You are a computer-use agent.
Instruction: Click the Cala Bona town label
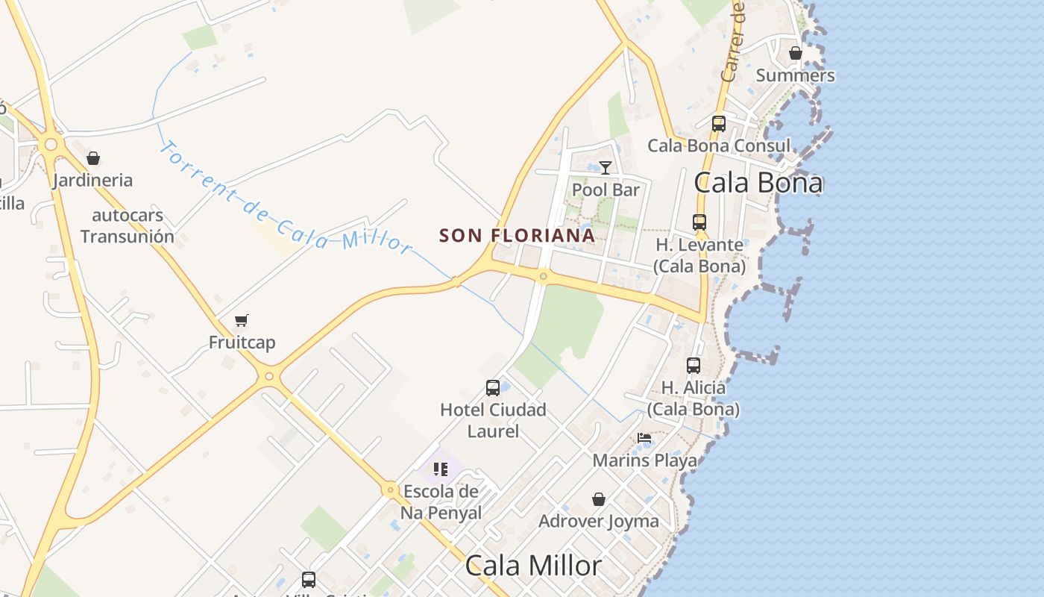tap(758, 183)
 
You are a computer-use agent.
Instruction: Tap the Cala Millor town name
tap(533, 566)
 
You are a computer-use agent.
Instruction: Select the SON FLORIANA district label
tap(517, 236)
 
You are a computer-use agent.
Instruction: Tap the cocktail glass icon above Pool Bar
tap(606, 168)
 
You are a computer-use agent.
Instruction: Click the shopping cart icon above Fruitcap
tap(241, 320)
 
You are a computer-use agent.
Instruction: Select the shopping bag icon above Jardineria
tap(93, 158)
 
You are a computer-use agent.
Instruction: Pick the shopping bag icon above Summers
tap(796, 53)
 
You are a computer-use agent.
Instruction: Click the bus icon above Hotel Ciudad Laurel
tap(493, 387)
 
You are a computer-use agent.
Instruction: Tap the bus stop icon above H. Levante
tap(699, 222)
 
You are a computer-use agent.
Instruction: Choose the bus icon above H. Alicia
tap(694, 366)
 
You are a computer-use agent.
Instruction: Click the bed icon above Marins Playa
tap(644, 438)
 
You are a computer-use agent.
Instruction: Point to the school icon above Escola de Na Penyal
tap(441, 469)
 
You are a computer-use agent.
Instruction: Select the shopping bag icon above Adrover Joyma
tap(598, 499)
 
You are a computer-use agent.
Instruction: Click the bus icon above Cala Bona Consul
tap(719, 124)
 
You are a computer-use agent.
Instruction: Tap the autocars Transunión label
tap(128, 226)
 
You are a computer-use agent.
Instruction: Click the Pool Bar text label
tap(606, 190)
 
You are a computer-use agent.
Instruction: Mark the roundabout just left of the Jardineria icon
tap(51, 144)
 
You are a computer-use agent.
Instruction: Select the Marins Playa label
tap(644, 460)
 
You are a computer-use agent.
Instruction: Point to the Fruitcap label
tap(242, 343)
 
